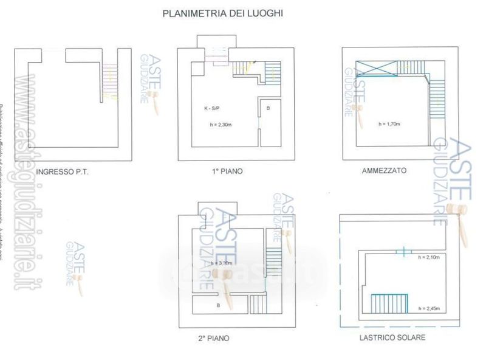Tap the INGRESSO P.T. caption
tap(63, 171)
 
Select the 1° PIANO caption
tap(227, 171)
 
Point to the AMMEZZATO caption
tap(384, 171)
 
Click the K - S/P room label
tap(214, 108)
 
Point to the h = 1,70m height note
tap(389, 124)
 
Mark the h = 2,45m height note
tap(430, 309)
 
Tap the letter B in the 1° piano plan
tap(269, 108)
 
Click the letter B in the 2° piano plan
tap(218, 305)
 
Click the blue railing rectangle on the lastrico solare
tap(389, 303)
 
